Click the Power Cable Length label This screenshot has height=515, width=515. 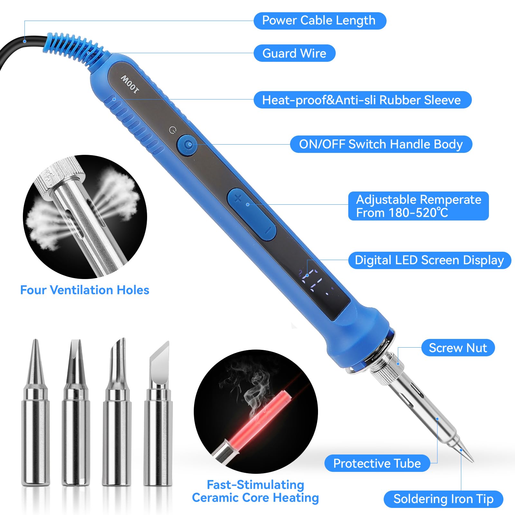(x=320, y=21)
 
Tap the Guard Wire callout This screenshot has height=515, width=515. (x=294, y=53)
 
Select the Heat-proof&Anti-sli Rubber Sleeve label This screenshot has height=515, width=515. (x=362, y=100)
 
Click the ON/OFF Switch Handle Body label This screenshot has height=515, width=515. (x=381, y=144)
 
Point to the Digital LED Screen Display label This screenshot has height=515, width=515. (x=429, y=260)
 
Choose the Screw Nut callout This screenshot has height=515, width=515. (x=458, y=348)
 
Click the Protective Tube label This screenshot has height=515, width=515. (x=377, y=463)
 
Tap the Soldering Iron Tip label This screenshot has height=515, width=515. (x=443, y=499)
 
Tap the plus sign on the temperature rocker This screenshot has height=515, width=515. (x=238, y=198)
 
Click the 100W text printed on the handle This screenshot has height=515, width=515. (x=130, y=85)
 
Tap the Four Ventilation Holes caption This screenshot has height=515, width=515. (x=85, y=290)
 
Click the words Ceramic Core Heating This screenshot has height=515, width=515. (x=255, y=498)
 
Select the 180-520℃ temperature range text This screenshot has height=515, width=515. (x=418, y=213)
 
